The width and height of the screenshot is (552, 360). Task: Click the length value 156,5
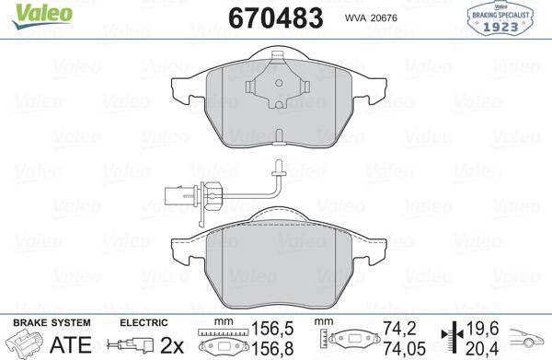tap(267, 328)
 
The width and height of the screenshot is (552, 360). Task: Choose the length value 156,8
tap(267, 347)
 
